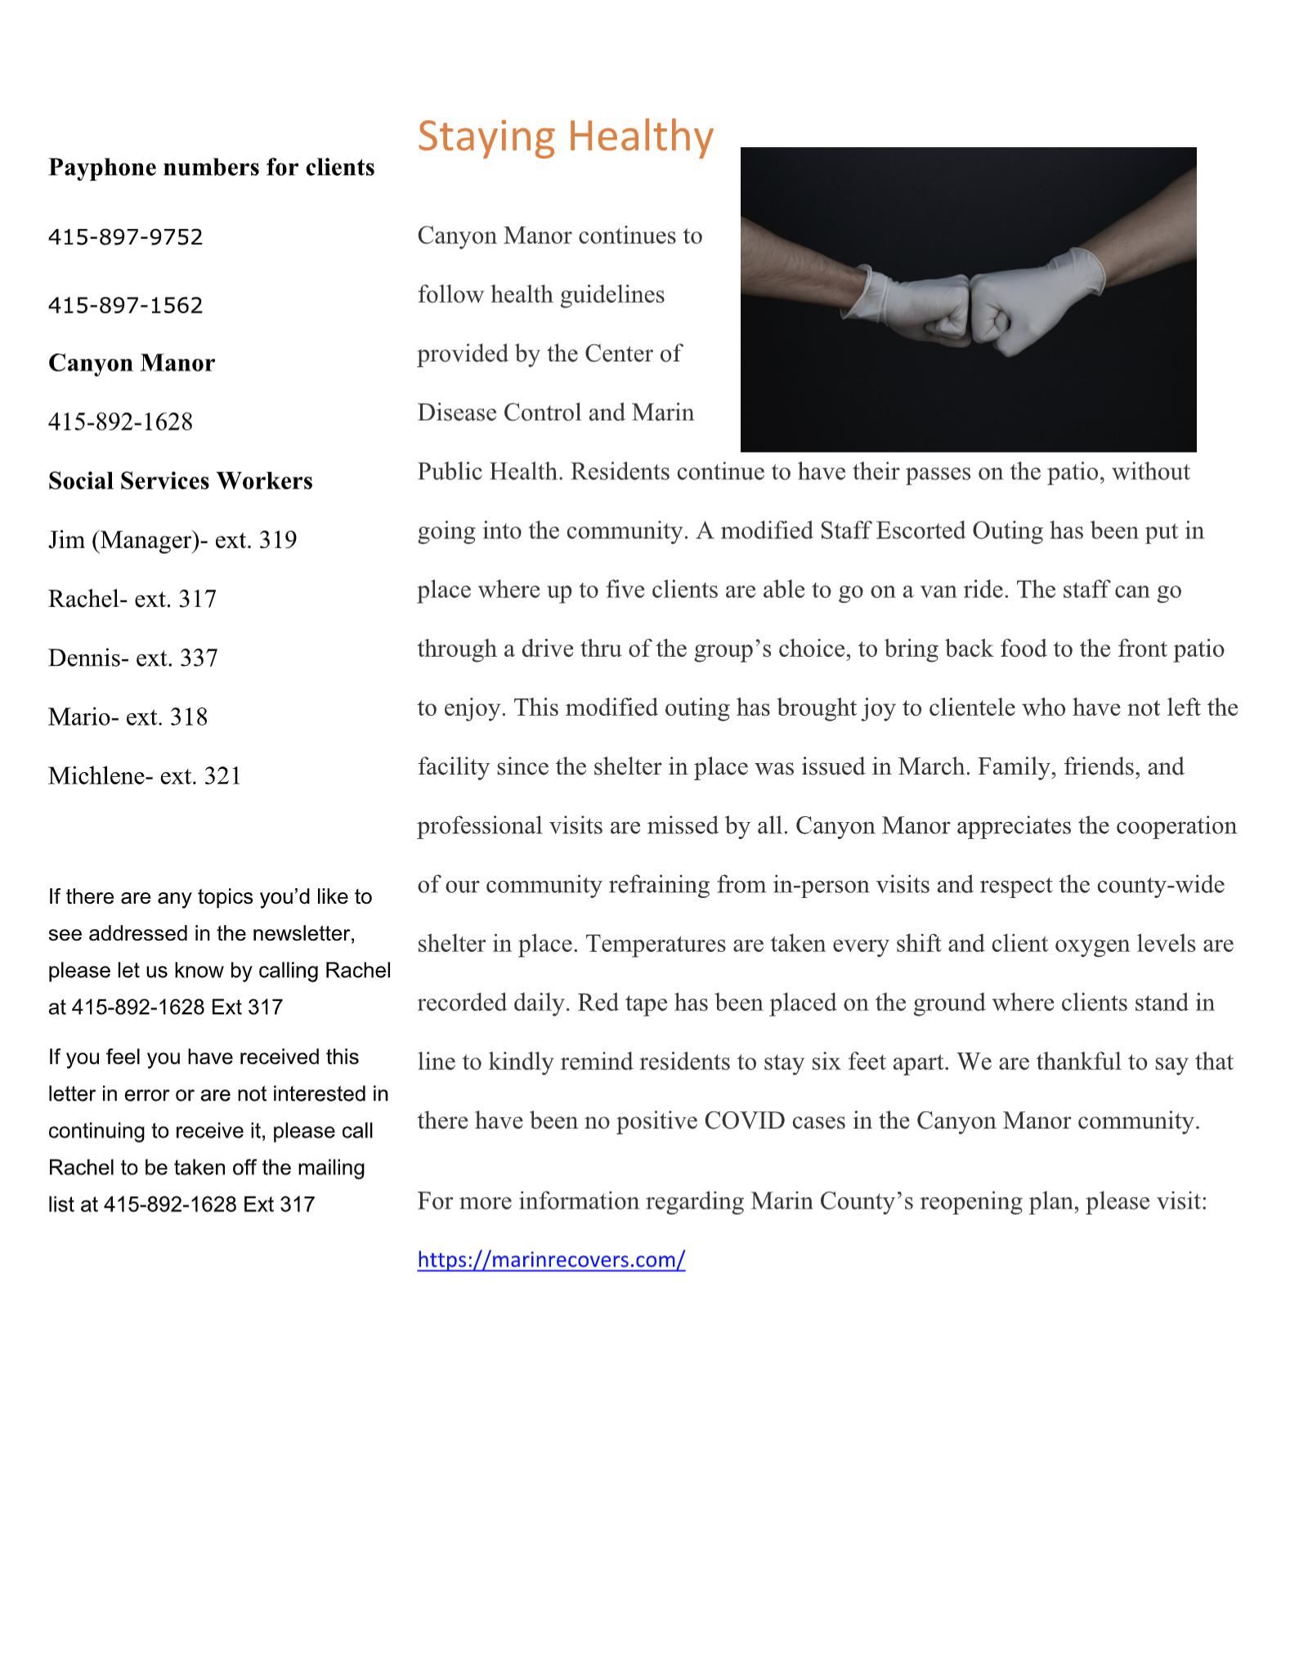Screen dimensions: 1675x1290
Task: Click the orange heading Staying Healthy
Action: pos(565,136)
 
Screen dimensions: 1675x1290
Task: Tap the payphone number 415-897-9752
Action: pos(126,237)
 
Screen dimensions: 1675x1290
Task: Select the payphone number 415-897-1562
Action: pos(126,306)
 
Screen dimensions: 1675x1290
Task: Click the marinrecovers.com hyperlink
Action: pos(551,1259)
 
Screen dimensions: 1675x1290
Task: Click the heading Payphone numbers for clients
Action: pos(212,167)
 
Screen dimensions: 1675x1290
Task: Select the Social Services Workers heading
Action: pos(181,480)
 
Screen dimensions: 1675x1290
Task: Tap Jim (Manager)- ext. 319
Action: pos(172,540)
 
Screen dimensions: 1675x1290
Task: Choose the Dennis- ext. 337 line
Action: pos(133,658)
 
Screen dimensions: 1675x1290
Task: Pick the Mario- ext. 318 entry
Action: pos(128,717)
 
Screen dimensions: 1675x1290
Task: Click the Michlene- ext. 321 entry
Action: pos(145,775)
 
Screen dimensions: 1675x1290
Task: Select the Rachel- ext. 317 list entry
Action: pos(132,599)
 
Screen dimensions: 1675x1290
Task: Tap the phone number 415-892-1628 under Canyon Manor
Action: pos(121,422)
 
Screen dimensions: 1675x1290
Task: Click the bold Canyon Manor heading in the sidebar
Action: pos(132,363)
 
